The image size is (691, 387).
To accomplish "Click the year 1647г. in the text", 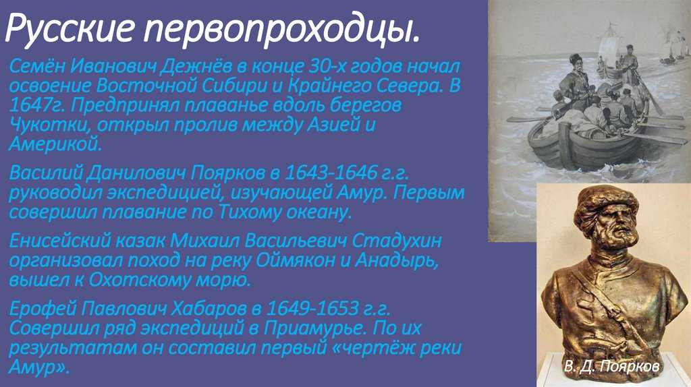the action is [36, 105].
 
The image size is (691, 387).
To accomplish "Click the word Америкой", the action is [55, 144].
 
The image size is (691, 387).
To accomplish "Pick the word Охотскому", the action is [140, 280].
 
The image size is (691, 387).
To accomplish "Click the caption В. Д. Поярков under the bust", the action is [611, 367].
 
